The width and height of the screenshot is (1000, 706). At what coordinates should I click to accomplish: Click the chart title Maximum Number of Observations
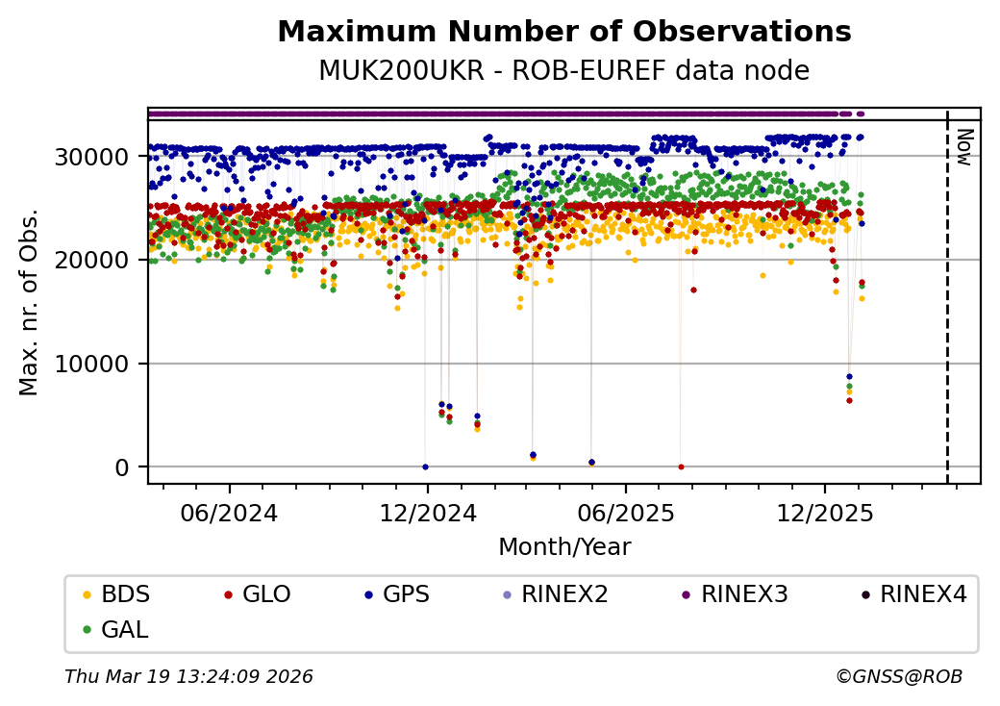(x=563, y=33)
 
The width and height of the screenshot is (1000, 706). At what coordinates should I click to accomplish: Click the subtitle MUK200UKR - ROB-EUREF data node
(x=563, y=71)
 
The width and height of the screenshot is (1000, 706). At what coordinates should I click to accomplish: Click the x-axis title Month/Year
(x=564, y=547)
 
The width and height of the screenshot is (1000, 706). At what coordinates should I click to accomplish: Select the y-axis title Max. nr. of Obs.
(x=29, y=302)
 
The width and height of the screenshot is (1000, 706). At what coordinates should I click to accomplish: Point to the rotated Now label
(x=964, y=145)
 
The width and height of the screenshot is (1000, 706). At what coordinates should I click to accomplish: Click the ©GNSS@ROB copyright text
(x=899, y=677)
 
